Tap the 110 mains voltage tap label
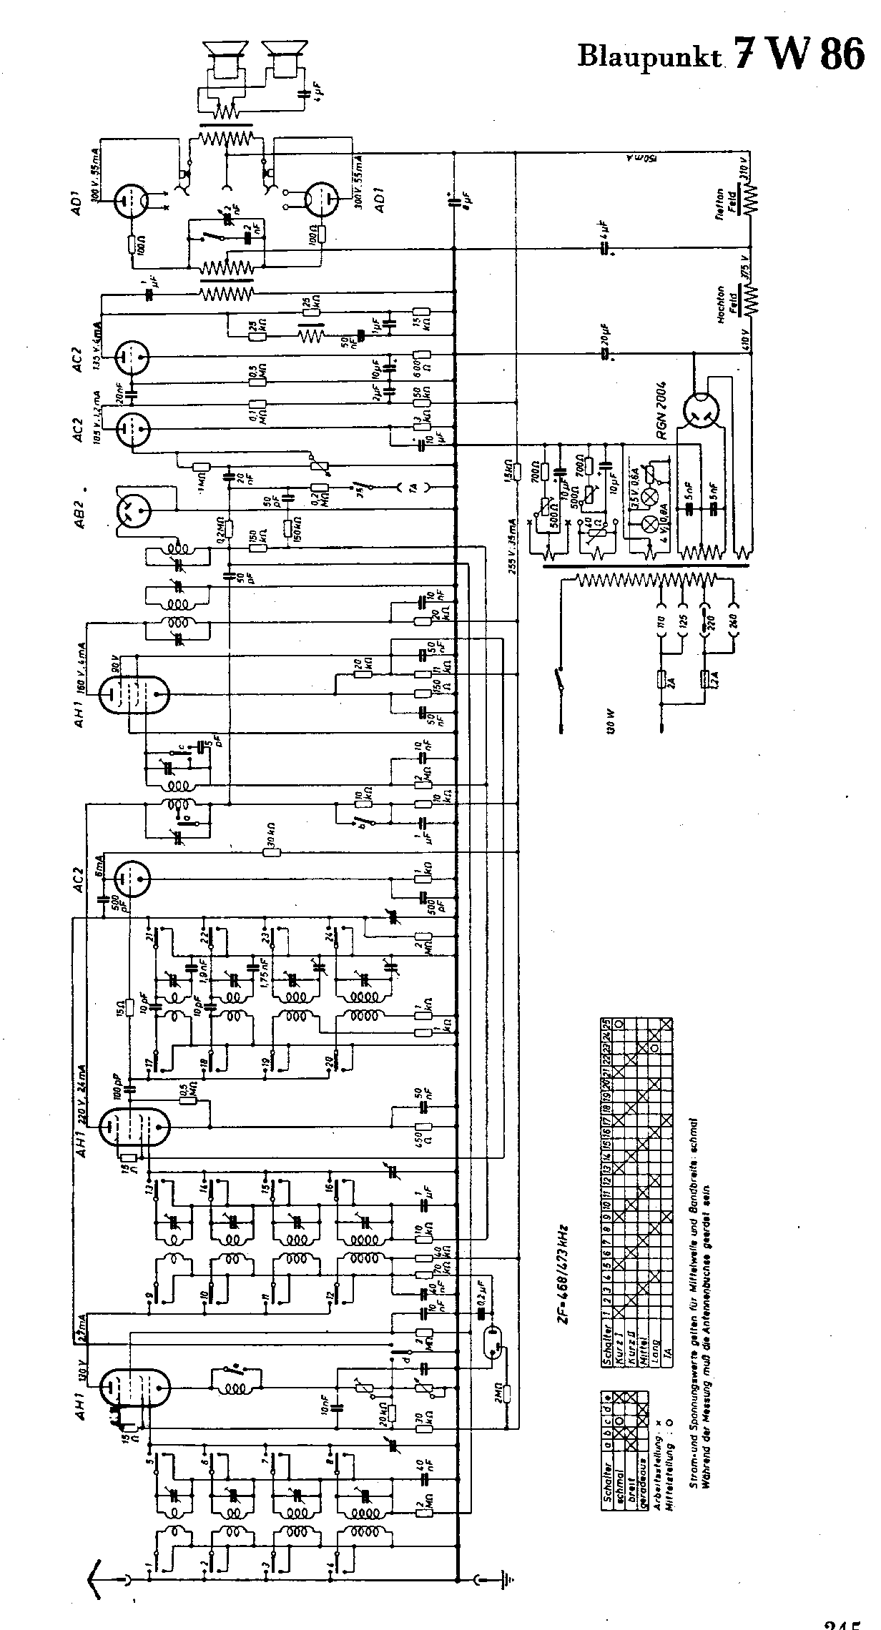coord(663,623)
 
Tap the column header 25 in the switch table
coord(606,1024)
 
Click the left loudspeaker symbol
coord(224,56)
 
